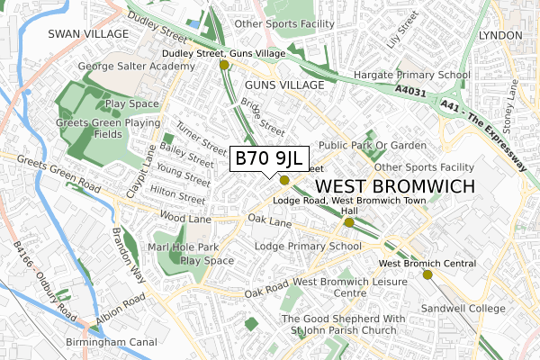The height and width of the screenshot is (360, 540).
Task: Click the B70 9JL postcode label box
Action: tap(271, 159)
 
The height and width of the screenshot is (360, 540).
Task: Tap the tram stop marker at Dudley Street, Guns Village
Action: tap(224, 65)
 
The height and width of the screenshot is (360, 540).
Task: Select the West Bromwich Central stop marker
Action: tap(427, 274)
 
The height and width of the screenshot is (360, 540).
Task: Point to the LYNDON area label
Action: tap(500, 34)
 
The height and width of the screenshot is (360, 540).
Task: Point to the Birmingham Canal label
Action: tap(112, 342)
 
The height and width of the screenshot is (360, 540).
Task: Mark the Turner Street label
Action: tap(202, 137)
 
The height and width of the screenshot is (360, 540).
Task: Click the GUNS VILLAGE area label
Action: tap(283, 84)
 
